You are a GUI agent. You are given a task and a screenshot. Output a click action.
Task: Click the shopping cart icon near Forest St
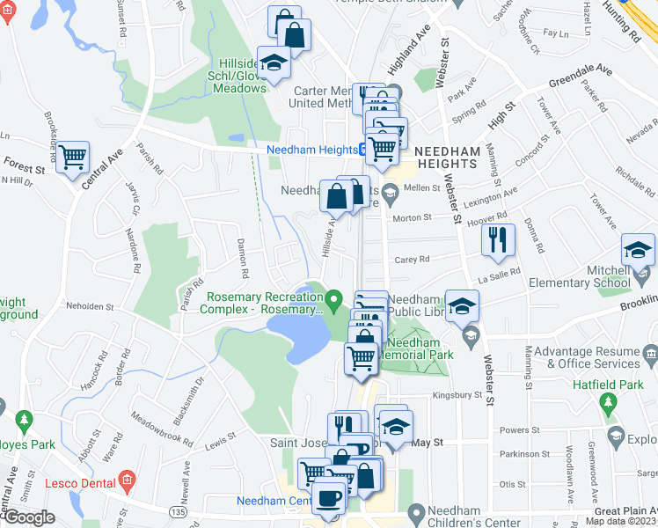[x=73, y=158]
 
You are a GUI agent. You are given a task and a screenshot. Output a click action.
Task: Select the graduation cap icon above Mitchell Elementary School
[x=639, y=249]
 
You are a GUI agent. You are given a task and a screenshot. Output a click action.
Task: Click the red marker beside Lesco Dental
[x=128, y=480]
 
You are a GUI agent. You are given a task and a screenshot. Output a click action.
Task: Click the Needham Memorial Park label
[x=420, y=348]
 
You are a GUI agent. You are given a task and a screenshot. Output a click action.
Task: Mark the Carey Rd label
[x=412, y=260]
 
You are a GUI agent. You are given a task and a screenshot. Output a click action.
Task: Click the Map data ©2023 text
[x=621, y=521]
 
